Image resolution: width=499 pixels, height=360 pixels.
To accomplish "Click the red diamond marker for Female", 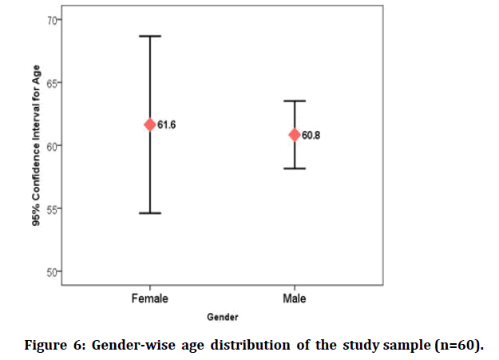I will [149, 125].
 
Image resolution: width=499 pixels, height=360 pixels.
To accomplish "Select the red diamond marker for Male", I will [295, 134].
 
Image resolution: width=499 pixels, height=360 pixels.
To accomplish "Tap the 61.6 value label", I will [166, 125].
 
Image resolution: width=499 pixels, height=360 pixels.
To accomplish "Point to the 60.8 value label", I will [311, 135].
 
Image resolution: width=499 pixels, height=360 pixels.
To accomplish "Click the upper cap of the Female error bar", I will [149, 36].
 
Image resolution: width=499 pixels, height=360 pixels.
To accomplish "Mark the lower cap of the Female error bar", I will [149, 213].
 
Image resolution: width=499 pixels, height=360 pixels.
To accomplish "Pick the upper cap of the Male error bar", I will [295, 101].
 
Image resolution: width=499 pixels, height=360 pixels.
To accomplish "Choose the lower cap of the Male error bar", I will [295, 168].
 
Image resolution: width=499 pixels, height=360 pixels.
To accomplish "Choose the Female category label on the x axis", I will [149, 299].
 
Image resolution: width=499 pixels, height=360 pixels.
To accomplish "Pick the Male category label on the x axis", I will [295, 299].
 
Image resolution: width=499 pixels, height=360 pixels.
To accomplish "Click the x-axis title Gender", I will [222, 317].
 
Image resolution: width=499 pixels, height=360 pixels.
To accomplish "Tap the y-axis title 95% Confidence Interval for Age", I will [36, 146].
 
